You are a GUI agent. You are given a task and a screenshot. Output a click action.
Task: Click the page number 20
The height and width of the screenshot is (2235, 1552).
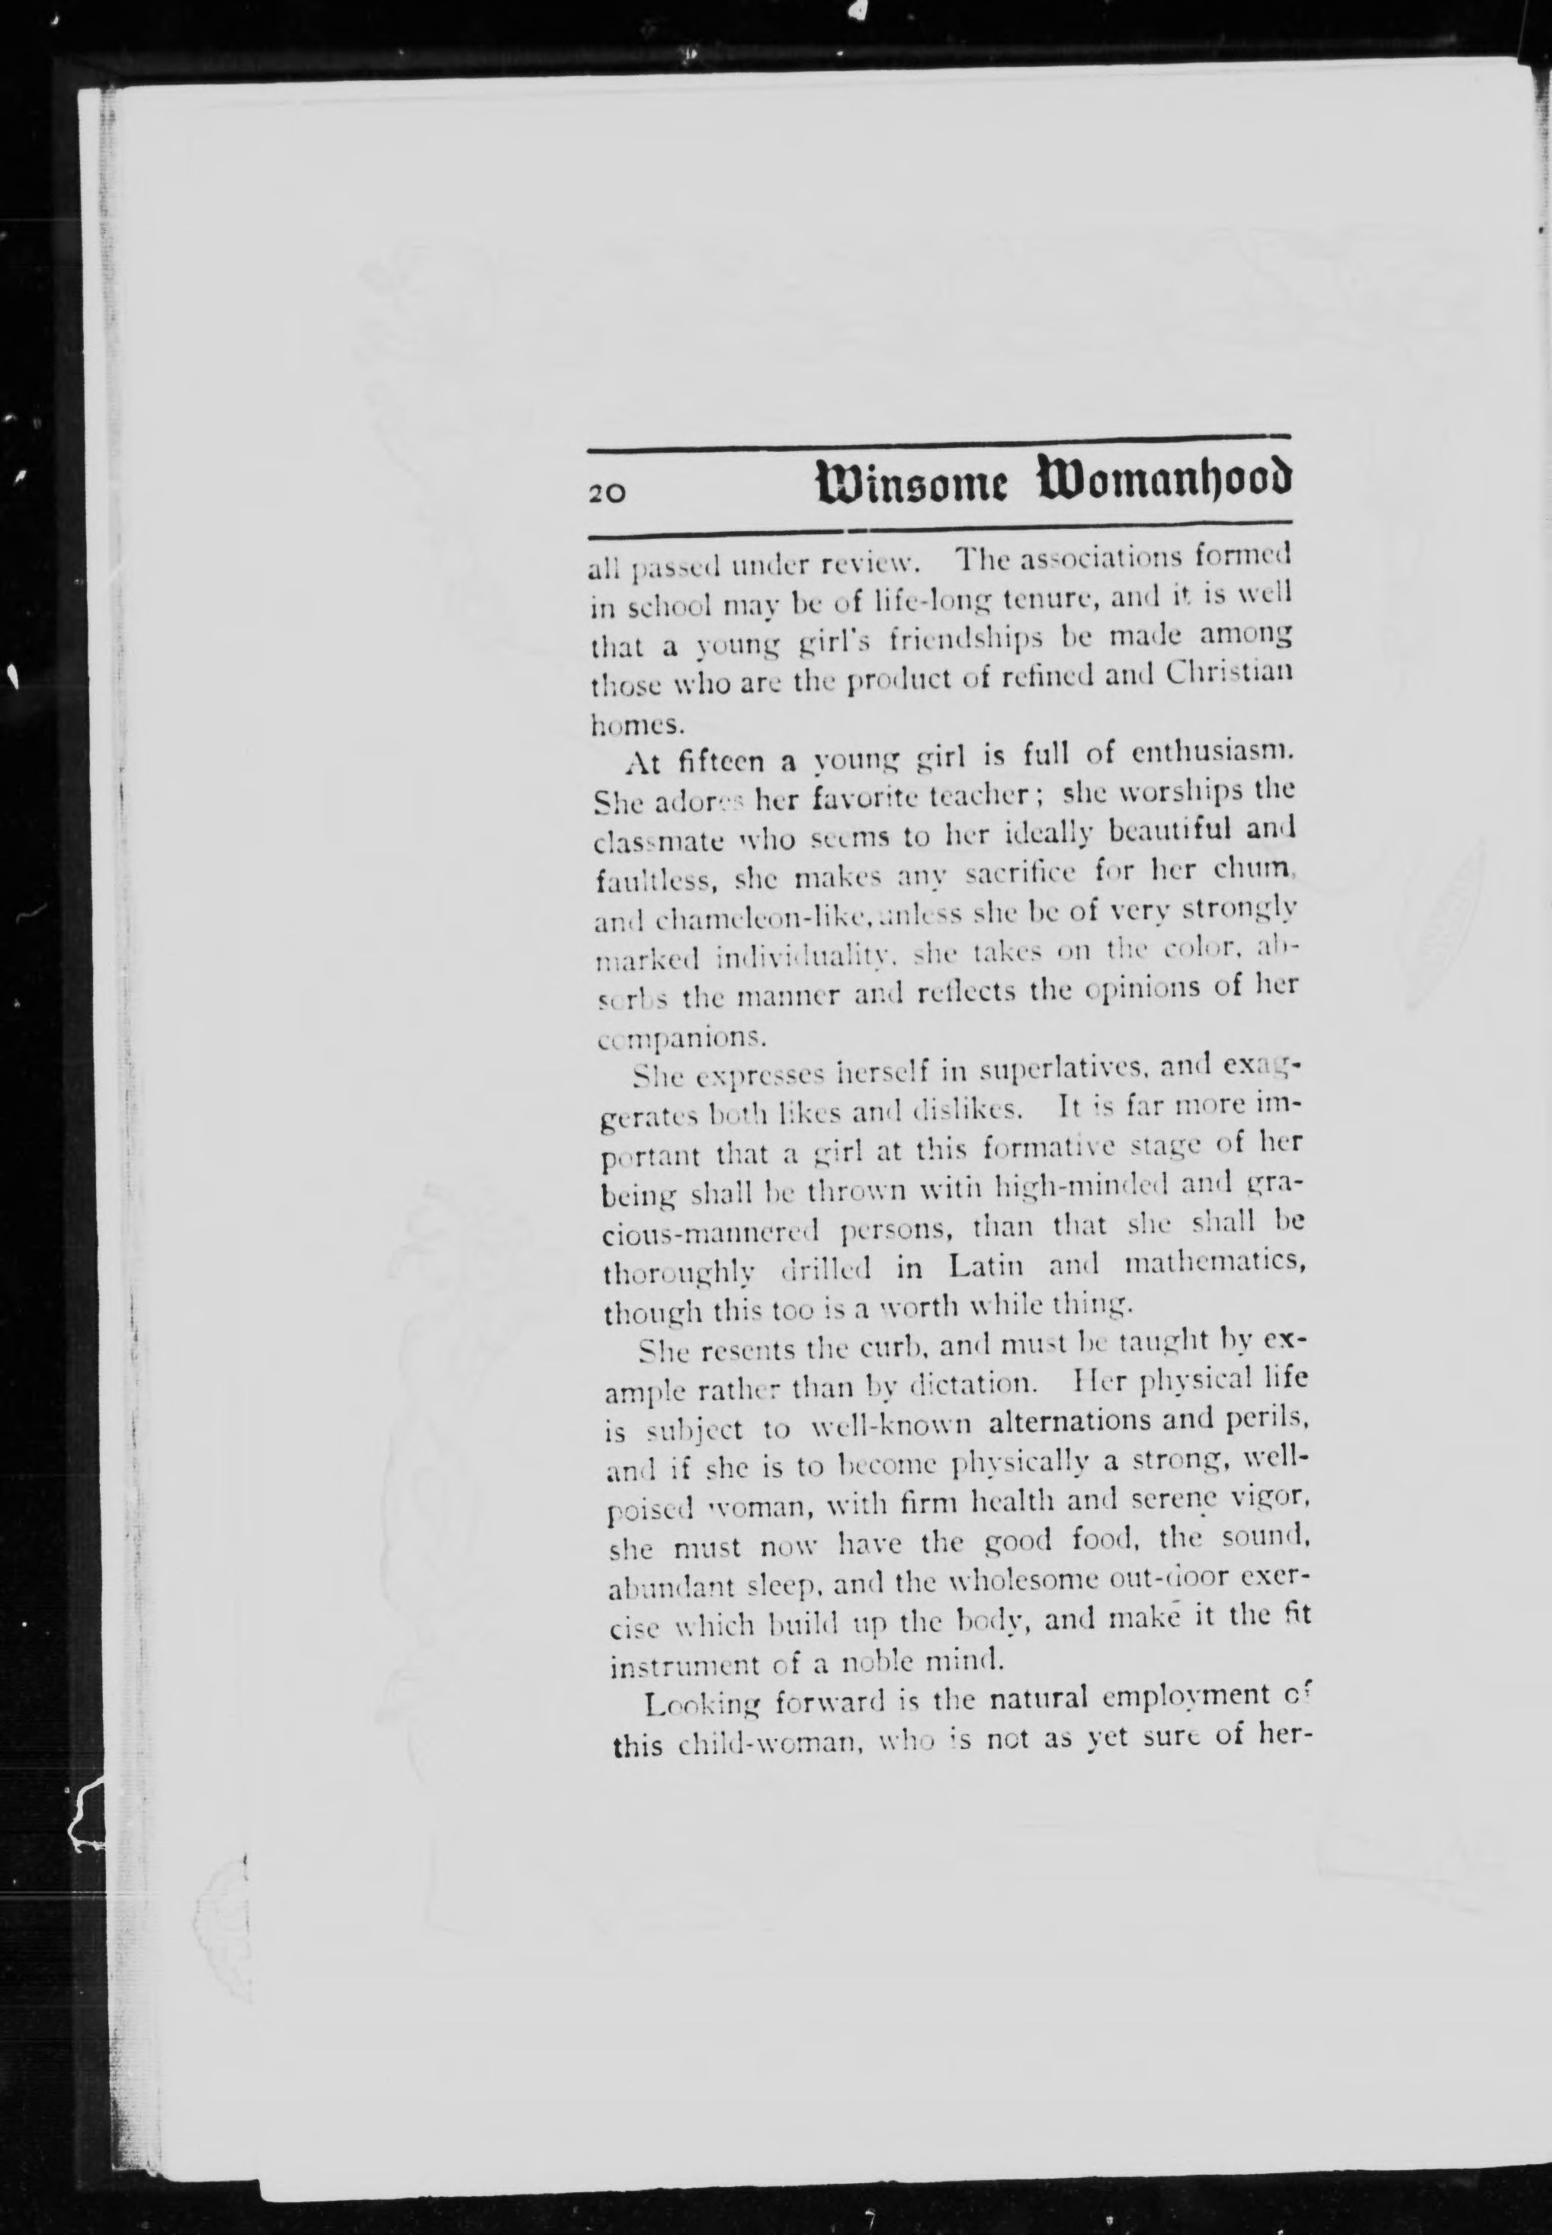(x=607, y=492)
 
